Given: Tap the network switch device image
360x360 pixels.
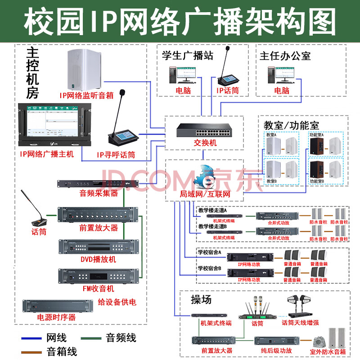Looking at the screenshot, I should click(204, 129).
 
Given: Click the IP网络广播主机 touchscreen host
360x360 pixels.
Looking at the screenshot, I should click(54, 125).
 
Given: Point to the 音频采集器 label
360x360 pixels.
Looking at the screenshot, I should click(99, 193).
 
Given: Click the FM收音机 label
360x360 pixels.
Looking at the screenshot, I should click(97, 288).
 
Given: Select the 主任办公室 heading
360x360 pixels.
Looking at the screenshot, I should click(285, 56).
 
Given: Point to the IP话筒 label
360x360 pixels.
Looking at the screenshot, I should click(228, 90).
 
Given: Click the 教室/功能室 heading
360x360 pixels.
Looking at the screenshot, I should click(291, 125).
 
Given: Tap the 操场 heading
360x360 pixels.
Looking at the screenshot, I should click(201, 300).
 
